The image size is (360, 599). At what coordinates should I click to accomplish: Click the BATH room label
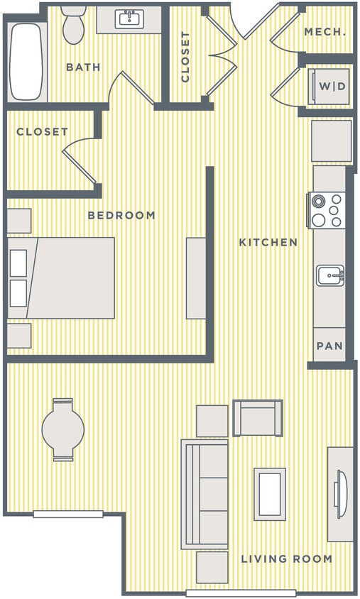tap(83, 67)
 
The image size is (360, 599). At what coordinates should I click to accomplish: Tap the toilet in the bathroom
tap(72, 26)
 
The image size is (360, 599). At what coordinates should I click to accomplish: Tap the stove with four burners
tap(327, 210)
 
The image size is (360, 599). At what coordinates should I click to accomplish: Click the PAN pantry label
tap(329, 346)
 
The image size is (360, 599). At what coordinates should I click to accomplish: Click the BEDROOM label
tap(121, 215)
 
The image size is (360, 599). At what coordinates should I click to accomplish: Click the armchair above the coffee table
tap(257, 419)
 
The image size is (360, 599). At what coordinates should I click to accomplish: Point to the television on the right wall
tap(339, 490)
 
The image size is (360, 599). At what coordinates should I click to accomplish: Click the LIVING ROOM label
tap(286, 559)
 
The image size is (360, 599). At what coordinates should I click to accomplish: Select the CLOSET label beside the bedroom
tap(43, 132)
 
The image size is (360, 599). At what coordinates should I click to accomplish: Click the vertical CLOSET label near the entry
tap(185, 57)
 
